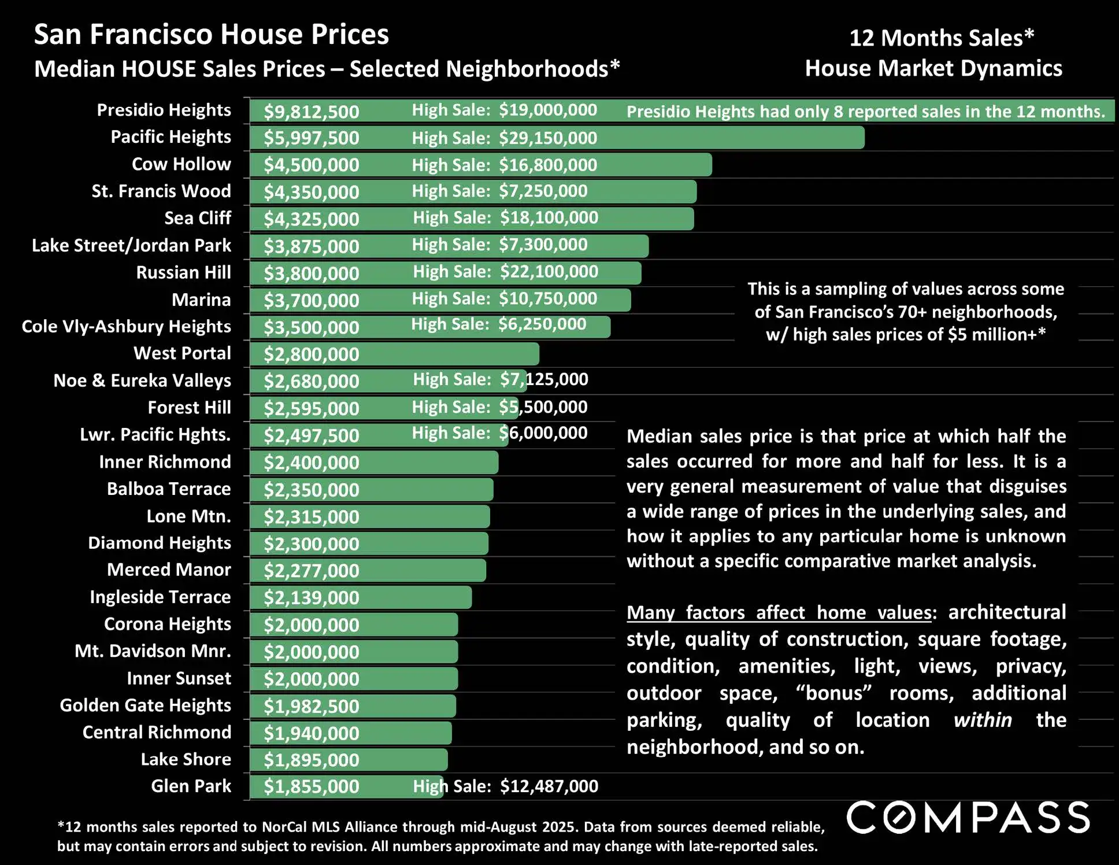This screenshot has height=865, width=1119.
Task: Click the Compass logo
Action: tap(968, 817)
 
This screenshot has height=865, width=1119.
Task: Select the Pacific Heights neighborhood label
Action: tap(171, 137)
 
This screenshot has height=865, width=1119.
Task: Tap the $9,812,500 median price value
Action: tap(312, 112)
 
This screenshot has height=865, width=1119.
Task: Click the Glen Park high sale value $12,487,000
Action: tap(549, 786)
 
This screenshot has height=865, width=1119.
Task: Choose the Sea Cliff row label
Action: tap(198, 218)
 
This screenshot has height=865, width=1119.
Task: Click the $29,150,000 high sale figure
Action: tap(548, 138)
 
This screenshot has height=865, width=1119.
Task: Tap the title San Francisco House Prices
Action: tap(212, 35)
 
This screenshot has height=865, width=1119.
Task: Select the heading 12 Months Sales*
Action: tap(942, 38)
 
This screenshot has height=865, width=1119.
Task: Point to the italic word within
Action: tap(983, 720)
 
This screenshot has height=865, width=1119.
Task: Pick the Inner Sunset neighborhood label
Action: tap(179, 678)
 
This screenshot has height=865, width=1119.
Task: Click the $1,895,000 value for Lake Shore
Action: tap(312, 760)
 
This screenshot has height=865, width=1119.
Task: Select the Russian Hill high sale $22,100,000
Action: tap(549, 272)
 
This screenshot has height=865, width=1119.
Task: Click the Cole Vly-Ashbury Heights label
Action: tap(126, 327)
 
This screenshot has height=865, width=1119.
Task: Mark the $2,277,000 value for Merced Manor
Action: tap(312, 571)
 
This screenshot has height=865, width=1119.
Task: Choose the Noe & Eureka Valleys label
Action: tap(142, 380)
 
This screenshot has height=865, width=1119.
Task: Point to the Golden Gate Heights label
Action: tap(145, 705)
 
